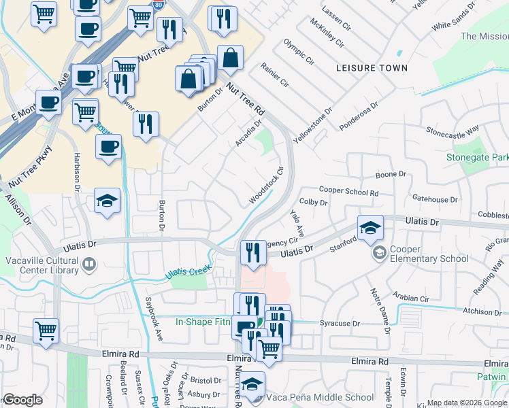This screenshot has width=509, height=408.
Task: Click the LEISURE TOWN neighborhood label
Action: (372, 68)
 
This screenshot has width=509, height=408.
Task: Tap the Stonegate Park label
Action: (476, 157)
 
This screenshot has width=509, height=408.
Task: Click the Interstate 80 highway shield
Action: (159, 3)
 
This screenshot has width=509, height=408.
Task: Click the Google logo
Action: (22, 400)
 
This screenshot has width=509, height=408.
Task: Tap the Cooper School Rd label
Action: (348, 192)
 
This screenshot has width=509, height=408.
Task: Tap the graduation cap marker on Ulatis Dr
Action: (370, 228)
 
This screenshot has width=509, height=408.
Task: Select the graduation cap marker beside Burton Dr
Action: (108, 201)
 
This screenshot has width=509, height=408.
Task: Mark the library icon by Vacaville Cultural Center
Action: (88, 263)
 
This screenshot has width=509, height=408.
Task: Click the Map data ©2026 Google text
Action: (466, 403)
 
